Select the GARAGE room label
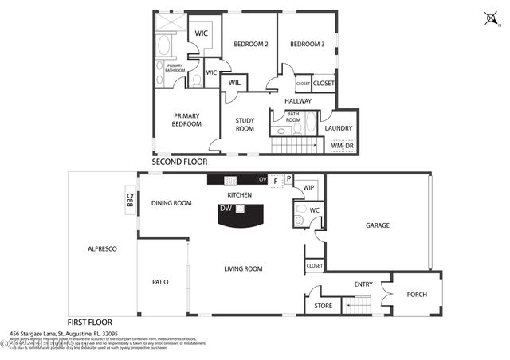(377, 225)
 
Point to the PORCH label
(417, 295)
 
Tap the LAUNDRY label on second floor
(339, 127)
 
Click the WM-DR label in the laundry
(343, 146)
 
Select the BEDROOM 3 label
(307, 44)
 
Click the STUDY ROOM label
(244, 124)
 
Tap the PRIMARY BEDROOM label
(186, 119)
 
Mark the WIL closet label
(235, 82)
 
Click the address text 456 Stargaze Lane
(64, 334)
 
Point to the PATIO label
(160, 282)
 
